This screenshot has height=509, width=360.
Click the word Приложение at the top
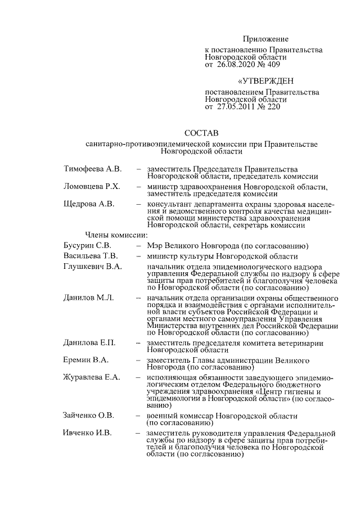265,39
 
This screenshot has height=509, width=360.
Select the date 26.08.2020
237,65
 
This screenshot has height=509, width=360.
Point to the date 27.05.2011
237,106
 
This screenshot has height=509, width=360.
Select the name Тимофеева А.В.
92,168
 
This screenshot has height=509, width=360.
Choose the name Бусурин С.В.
87,245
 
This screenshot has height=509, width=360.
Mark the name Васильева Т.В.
90,256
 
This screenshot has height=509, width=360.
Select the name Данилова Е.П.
89,343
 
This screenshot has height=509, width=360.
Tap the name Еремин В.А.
86,360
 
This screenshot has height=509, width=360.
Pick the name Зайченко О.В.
89,415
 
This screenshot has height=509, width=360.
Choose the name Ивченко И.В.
88,434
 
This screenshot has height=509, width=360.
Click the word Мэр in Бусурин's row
155,245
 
